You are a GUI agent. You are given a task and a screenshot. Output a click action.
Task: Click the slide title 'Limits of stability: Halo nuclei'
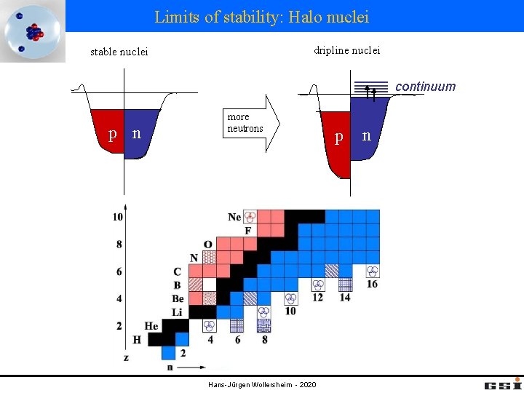point(261,16)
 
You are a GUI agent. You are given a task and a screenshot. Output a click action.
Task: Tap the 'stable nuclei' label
point(119,52)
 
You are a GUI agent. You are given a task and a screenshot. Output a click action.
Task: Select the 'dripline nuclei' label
point(346,50)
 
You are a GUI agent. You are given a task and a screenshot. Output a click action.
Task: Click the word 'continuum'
point(425,87)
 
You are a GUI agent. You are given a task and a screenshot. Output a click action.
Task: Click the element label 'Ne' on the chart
point(234,217)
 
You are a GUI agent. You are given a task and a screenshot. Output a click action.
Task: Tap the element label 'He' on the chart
point(151,326)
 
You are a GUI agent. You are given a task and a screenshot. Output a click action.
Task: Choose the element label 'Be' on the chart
point(178,298)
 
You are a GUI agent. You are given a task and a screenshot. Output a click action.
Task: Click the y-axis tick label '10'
point(118,217)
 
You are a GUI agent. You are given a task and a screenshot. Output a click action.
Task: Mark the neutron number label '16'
point(372,284)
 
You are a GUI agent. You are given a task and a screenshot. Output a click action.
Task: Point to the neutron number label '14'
point(345,298)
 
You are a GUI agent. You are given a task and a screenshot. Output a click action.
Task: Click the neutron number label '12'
point(318,298)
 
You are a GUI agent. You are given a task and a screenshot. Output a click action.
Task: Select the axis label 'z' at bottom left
point(127,357)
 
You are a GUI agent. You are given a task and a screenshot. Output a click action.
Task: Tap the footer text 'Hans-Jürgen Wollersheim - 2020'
point(261,384)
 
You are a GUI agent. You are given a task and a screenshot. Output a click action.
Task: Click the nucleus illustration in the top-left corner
point(32,31)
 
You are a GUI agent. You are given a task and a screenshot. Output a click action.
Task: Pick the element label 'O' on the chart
point(208,245)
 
